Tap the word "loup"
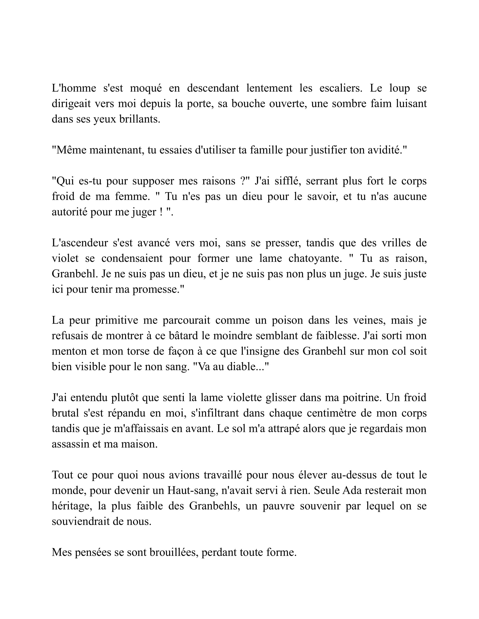tap(399, 88)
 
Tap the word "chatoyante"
tap(313, 259)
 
